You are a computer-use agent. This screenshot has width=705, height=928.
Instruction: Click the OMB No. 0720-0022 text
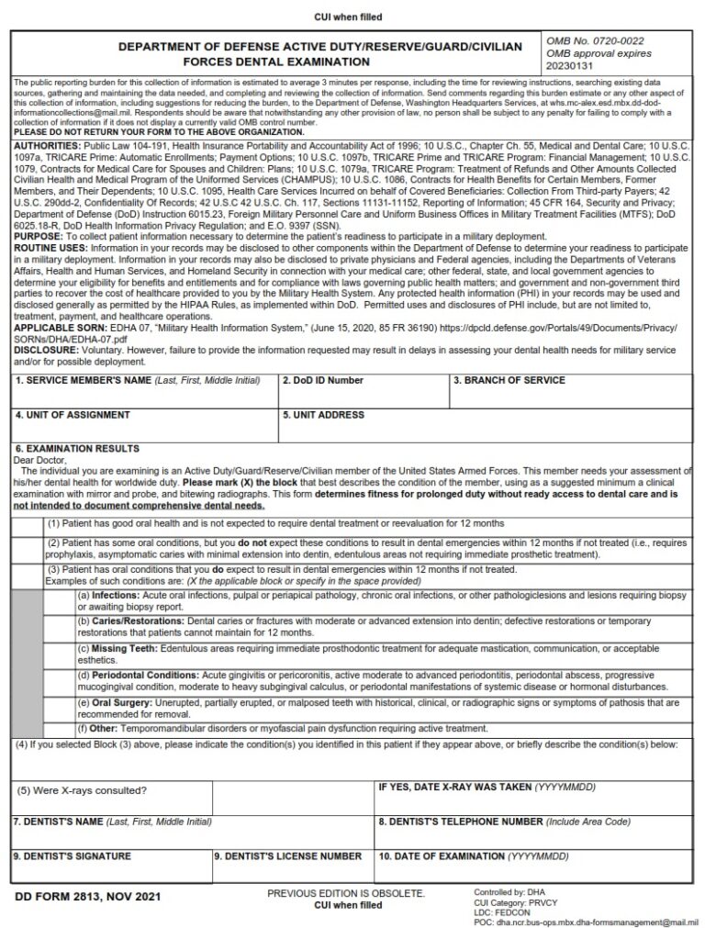pos(595,41)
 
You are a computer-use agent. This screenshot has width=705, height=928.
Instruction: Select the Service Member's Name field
pos(144,396)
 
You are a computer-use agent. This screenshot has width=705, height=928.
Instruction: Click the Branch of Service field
pos(569,396)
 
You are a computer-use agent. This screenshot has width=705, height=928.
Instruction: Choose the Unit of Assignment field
pos(144,430)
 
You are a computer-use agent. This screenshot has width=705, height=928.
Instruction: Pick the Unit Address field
pos(485,430)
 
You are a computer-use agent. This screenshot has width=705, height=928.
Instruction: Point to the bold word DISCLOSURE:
pos(46,350)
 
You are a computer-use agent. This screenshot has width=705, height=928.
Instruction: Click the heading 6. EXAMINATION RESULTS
pos(77,449)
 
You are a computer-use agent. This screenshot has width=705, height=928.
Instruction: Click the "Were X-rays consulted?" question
pos(82,790)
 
